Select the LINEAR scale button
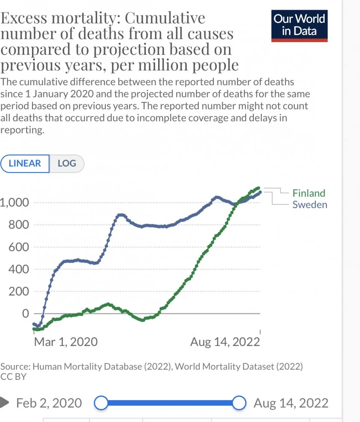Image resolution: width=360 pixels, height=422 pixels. [x=25, y=164]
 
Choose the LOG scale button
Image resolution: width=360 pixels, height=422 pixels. [x=67, y=164]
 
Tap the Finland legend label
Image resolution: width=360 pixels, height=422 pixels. [x=309, y=193]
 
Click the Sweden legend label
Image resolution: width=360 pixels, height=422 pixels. [x=310, y=205]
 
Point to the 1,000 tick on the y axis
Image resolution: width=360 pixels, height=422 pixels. [x=14, y=203]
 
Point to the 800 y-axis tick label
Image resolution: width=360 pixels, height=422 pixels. [x=19, y=225]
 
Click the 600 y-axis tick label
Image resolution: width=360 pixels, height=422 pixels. [x=19, y=247]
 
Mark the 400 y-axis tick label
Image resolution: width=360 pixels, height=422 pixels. [x=19, y=269]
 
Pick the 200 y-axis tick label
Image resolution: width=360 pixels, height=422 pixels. [x=19, y=292]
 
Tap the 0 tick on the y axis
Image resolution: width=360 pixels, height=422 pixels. [x=25, y=314]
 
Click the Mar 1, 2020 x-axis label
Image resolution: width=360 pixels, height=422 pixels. [x=65, y=341]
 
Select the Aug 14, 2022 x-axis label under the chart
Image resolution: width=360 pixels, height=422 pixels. [x=225, y=341]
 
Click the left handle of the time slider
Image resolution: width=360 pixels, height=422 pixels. [x=101, y=403]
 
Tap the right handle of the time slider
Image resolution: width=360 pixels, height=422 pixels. [x=239, y=403]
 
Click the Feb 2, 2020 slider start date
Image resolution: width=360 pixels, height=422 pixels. [x=49, y=403]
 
